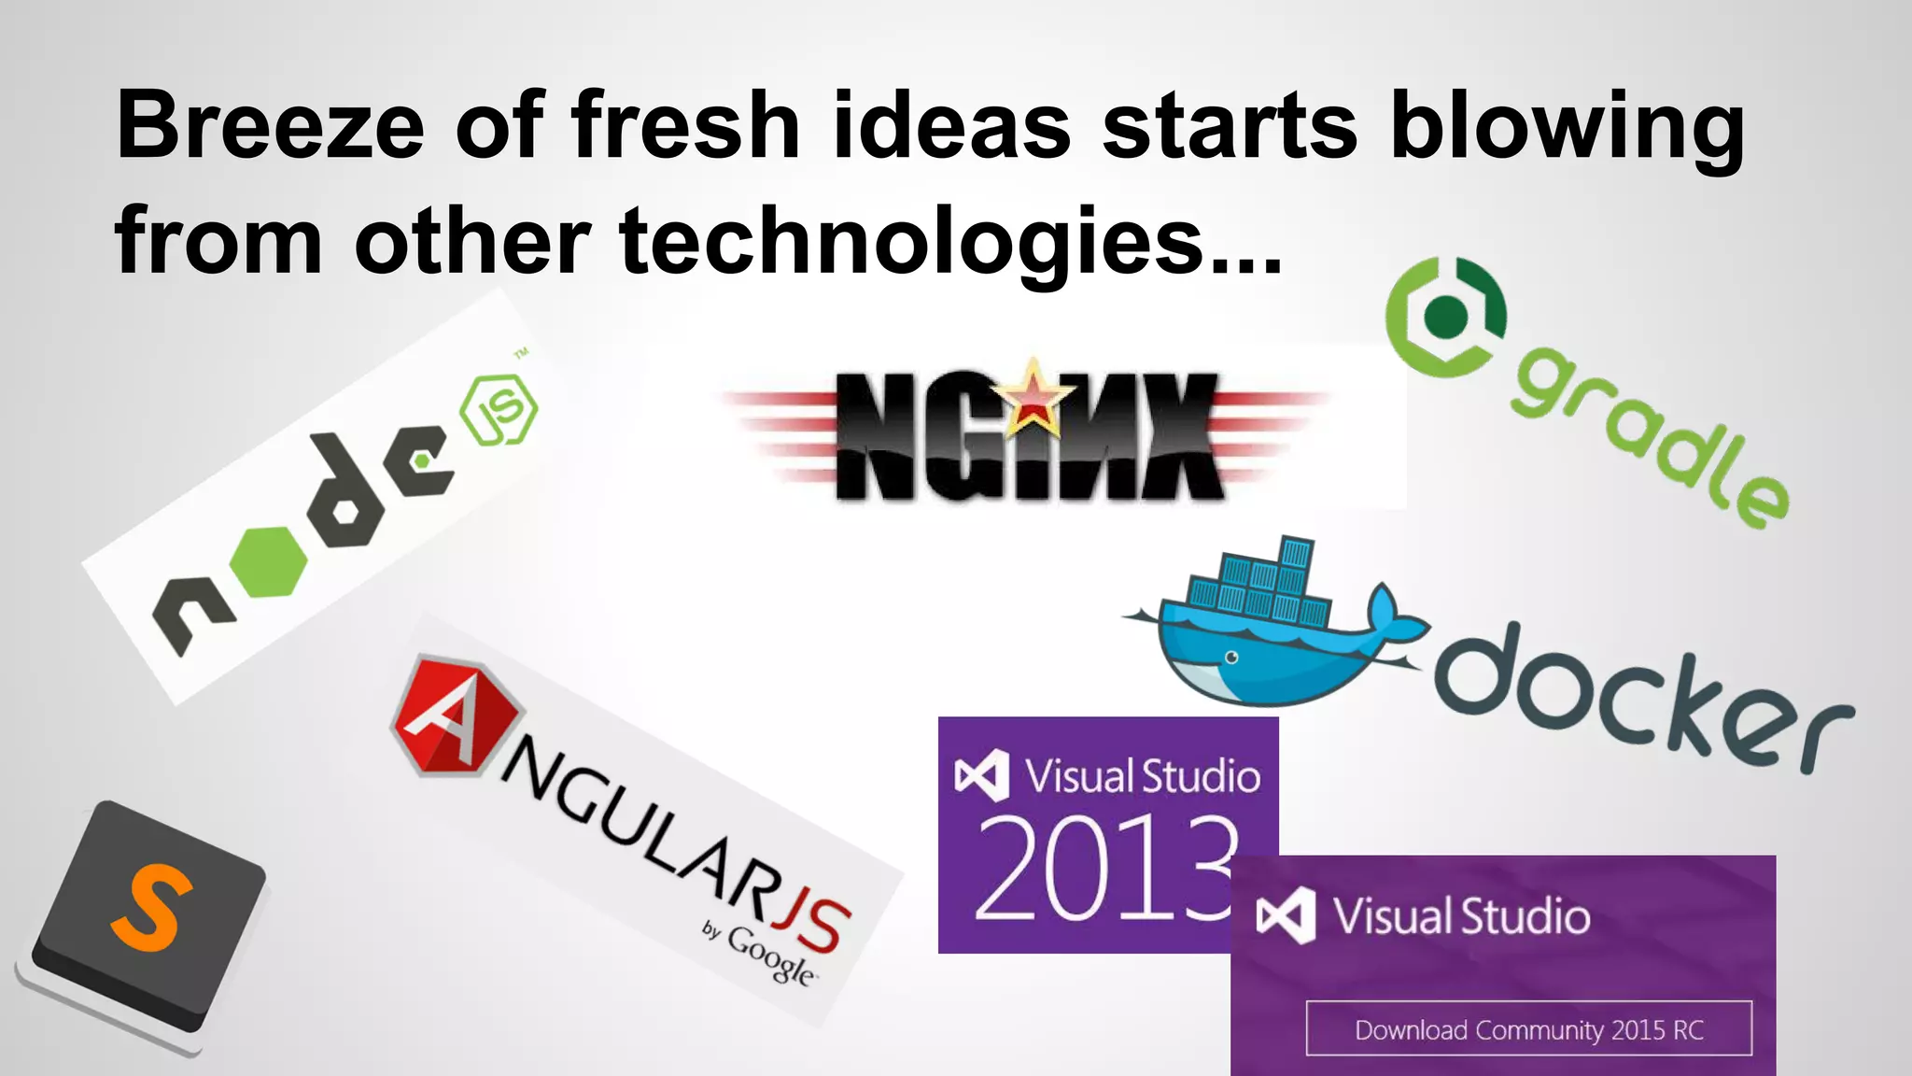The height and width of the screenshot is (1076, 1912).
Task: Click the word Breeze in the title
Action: point(270,126)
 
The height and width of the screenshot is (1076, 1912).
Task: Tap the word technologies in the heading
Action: point(911,241)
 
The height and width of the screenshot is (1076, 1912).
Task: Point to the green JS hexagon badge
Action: point(499,410)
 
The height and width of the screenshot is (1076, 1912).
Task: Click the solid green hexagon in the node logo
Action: point(269,561)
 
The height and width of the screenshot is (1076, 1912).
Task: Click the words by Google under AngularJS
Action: point(760,953)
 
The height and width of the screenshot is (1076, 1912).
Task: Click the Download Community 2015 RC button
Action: point(1528,1029)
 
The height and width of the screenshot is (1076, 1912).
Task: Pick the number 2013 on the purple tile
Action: point(1105,869)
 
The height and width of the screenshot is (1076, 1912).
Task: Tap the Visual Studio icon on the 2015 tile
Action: point(1286,914)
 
